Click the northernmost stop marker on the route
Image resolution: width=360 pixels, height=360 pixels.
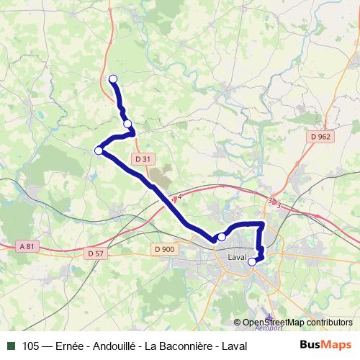click(112, 78)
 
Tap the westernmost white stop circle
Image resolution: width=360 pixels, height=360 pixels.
click(99, 150)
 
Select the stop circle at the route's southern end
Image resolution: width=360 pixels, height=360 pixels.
click(252, 262)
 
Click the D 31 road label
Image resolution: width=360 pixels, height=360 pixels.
click(143, 159)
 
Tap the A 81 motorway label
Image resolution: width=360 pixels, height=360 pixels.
click(27, 246)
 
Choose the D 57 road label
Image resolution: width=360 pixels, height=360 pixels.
click(95, 253)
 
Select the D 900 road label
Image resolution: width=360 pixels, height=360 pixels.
click(164, 249)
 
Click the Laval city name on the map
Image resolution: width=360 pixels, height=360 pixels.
click(236, 257)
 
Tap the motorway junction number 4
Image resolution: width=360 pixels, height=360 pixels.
click(179, 196)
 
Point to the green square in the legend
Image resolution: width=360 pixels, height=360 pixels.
click(11, 346)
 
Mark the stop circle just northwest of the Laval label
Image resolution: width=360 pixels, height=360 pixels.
click(222, 237)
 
